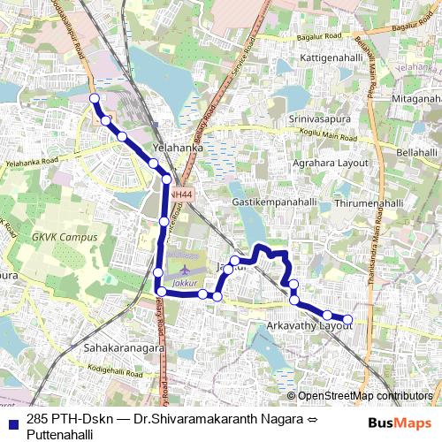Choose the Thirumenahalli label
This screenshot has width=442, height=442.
[370, 203]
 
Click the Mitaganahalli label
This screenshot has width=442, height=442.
[415, 99]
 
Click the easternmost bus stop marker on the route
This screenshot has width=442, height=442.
[347, 319]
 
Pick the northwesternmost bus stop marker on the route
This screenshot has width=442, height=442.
[94, 99]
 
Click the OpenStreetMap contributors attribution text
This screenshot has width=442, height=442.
[364, 396]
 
